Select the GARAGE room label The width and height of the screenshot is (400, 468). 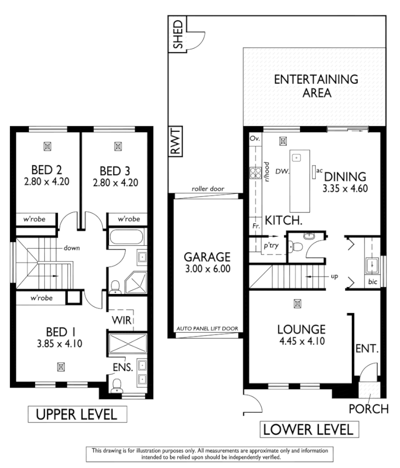click(207, 257)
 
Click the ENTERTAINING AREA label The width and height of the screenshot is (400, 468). click(316, 85)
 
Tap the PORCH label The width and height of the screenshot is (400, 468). click(368, 409)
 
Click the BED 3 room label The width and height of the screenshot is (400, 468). click(114, 170)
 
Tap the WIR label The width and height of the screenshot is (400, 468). click(120, 319)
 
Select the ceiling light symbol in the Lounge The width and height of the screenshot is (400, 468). click(297, 303)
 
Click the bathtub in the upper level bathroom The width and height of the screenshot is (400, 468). click(125, 238)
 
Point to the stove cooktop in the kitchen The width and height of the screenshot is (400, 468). click(254, 174)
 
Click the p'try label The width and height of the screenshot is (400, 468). click(271, 246)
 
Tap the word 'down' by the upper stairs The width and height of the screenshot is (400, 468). click(71, 247)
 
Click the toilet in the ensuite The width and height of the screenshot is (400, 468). click(115, 387)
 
